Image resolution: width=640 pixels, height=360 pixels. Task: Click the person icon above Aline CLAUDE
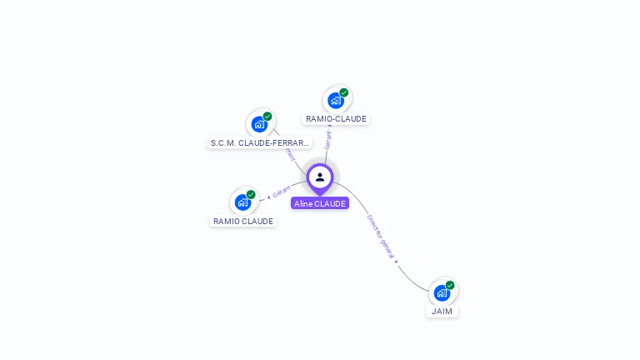[x=320, y=177]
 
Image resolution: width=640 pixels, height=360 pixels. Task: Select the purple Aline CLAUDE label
[x=320, y=203]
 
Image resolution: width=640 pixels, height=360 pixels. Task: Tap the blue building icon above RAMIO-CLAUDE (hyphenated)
[x=335, y=101]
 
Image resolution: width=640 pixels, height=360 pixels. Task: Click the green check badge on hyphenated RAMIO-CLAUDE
[x=343, y=92]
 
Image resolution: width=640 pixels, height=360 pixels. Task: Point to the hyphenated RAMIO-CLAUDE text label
[x=336, y=119]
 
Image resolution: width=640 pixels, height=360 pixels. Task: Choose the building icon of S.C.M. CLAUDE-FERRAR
[x=259, y=125]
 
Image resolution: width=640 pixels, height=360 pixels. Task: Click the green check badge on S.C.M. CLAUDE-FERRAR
[x=267, y=117]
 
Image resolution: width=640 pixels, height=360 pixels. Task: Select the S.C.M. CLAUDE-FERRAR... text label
[x=260, y=142]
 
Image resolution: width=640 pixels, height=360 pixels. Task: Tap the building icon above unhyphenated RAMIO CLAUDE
[x=242, y=202]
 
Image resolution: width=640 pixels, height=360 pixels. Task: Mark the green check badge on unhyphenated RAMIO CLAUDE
[x=251, y=194]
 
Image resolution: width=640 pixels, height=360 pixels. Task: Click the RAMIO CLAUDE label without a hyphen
[x=243, y=222]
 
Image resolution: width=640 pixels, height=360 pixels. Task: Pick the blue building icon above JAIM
[x=442, y=293]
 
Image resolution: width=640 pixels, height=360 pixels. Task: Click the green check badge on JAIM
[x=450, y=285]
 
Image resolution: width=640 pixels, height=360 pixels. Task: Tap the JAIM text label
[x=442, y=312]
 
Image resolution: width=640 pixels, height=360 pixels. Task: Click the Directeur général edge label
[x=380, y=237]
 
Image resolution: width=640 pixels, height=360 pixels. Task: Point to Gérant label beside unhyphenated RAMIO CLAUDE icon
[x=282, y=192]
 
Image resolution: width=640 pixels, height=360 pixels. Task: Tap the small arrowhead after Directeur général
[x=397, y=262]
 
